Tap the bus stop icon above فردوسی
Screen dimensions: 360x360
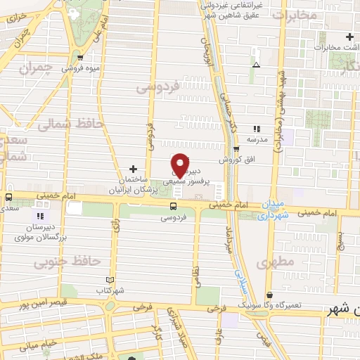pos(173,205)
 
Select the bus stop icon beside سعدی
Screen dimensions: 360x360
pos(8,198)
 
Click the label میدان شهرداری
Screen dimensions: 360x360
pos(270,209)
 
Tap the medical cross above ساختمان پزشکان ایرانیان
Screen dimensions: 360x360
pos(133,169)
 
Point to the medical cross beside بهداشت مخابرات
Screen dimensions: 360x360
pos(349,37)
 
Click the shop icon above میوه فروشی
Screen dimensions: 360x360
pos(81,58)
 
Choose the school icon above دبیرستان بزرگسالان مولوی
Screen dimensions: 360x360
pos(40,215)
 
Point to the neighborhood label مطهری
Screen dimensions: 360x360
pos(272,263)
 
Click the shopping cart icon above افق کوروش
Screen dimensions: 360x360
pos(237,149)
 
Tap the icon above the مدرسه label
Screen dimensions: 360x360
pos(257,129)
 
